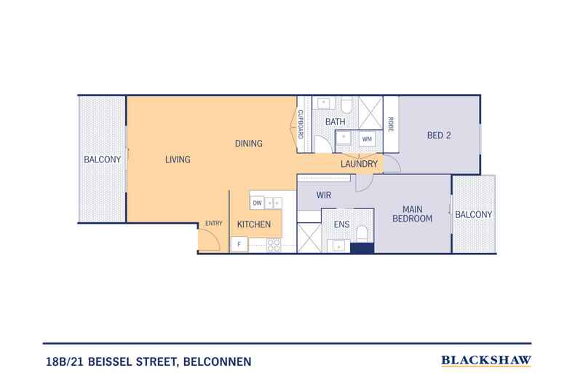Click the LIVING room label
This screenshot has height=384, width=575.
click(178, 159)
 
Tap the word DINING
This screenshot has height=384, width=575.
click(248, 143)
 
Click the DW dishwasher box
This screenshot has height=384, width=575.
click(257, 203)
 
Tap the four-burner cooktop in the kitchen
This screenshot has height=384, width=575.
click(274, 245)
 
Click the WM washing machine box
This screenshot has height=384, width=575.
click(367, 138)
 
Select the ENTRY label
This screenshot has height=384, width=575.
click(214, 223)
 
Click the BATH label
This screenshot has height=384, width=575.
click(335, 122)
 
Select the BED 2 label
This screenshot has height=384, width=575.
click(440, 134)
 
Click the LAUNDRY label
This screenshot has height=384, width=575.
click(360, 165)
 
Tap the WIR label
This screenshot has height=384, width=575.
click(324, 195)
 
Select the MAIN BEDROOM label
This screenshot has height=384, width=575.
click(413, 212)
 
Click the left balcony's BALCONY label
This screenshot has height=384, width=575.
click(102, 159)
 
